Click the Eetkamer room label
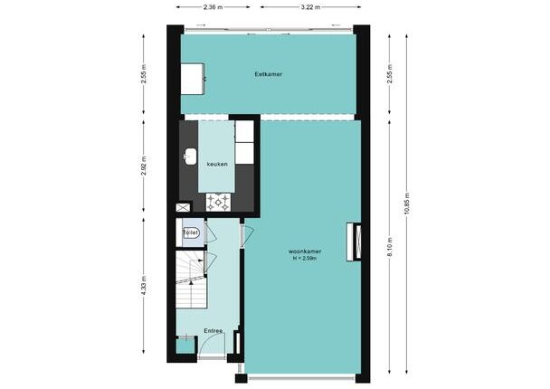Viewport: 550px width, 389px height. (x=269, y=74)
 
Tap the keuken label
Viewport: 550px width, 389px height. (x=217, y=164)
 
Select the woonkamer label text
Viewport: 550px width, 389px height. (x=305, y=251)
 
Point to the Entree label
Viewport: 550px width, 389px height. (x=213, y=331)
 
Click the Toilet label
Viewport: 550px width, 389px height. (x=191, y=232)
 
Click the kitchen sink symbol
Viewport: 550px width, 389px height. (x=190, y=157)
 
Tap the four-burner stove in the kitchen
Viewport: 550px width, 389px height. (x=218, y=203)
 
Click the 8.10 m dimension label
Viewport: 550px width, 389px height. (x=390, y=247)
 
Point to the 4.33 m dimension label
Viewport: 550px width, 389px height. (x=144, y=286)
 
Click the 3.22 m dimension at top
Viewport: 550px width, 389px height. (x=310, y=7)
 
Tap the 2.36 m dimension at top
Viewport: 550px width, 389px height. (x=213, y=7)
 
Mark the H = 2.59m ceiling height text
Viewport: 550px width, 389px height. (x=305, y=259)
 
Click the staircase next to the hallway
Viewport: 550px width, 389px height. (x=191, y=280)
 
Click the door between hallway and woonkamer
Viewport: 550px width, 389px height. (x=247, y=234)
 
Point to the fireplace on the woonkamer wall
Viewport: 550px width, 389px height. (x=354, y=242)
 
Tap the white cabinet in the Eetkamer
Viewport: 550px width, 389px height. (x=193, y=79)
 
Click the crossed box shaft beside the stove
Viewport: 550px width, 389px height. (x=183, y=207)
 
